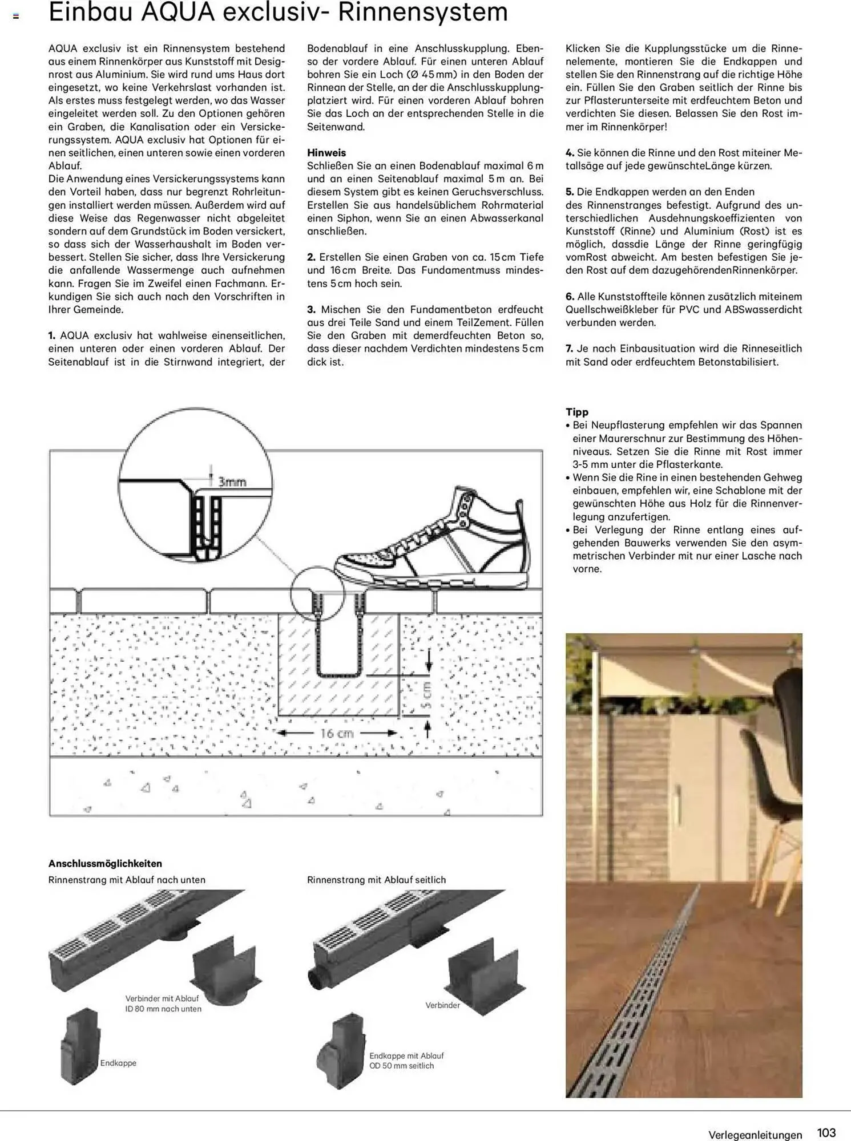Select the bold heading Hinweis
click(x=326, y=153)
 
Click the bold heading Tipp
click(x=576, y=412)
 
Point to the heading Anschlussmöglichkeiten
click(x=105, y=863)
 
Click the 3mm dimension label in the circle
click(x=232, y=482)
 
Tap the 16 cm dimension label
click(x=337, y=734)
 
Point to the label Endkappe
click(x=118, y=1063)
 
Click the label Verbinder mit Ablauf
click(x=163, y=998)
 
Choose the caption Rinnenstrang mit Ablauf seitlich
click(x=376, y=880)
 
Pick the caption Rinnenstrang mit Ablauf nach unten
click(x=127, y=880)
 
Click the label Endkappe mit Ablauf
click(x=406, y=1056)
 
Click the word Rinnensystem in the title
click(x=422, y=13)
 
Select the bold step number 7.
click(x=569, y=349)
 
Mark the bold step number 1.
click(x=52, y=335)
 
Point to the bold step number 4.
click(x=569, y=153)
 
